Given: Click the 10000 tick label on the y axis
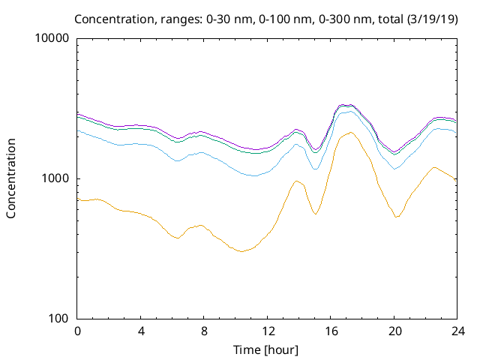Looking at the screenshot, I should (x=52, y=39).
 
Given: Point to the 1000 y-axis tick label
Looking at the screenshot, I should (x=55, y=178).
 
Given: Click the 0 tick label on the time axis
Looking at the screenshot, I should (x=77, y=331).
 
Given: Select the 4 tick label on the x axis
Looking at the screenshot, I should (x=141, y=331).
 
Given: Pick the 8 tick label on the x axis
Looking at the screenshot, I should (x=204, y=331).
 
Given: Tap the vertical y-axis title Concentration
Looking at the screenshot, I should (x=11, y=178).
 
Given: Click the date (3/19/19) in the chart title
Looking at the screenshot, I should (x=433, y=18).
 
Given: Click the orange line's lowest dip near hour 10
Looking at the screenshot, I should (x=241, y=251).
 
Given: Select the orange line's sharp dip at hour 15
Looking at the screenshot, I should (x=315, y=214).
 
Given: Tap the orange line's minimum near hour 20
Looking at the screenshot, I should (x=397, y=217).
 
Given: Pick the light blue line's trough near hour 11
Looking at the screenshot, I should (x=254, y=175).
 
